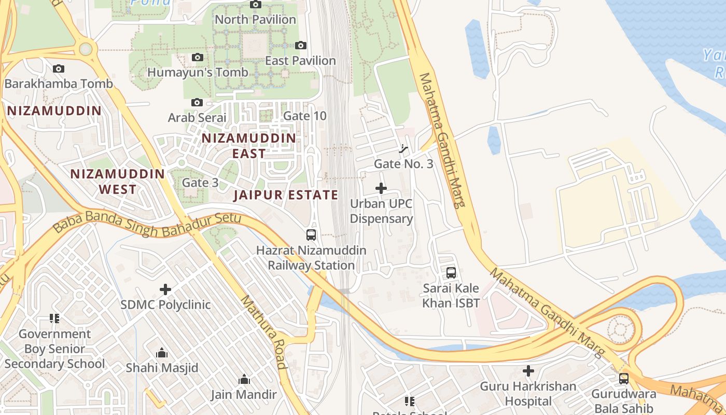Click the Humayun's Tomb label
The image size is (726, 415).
(198, 72)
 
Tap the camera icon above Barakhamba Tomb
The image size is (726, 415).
(59, 68)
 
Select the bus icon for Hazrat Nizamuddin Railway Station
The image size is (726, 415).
(311, 235)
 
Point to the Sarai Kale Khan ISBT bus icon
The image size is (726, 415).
(451, 272)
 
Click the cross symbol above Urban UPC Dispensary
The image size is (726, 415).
(381, 188)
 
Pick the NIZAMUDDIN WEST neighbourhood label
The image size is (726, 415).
(118, 182)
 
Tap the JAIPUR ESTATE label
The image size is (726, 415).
(286, 195)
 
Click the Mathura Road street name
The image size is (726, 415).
(263, 332)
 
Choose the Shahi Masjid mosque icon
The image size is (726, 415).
(162, 353)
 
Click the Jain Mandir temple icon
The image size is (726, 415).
(244, 380)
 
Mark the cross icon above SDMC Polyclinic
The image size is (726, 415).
(165, 289)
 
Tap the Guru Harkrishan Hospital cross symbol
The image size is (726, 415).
(528, 371)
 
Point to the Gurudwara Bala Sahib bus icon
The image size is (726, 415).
(624, 379)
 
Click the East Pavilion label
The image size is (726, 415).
(300, 61)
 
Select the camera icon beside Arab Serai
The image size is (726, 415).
(197, 102)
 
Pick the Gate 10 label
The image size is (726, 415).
(305, 116)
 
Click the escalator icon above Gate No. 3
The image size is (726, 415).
(403, 149)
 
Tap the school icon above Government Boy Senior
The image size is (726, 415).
(54, 318)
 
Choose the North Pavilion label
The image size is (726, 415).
(255, 20)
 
